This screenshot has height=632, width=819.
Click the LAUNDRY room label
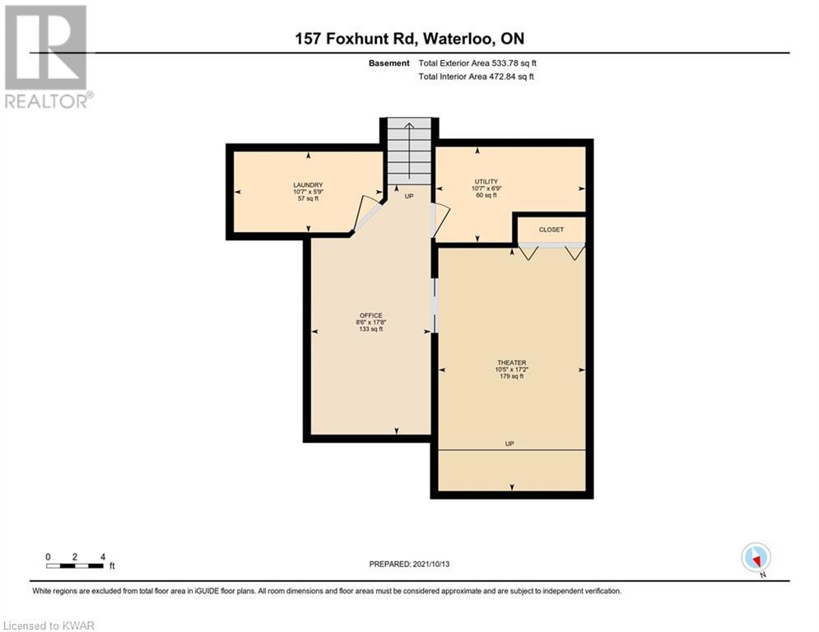coord(308,185)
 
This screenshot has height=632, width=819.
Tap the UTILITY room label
coord(486,182)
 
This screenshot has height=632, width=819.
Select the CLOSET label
coord(551,230)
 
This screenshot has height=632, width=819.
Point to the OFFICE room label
coord(371,315)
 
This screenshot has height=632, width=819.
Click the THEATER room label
coord(511,362)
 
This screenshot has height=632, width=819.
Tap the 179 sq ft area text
coord(511,376)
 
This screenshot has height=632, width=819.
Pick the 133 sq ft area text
coord(371,329)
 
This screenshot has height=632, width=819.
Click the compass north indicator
coord(756,559)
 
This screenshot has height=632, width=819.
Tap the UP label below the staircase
coord(409,197)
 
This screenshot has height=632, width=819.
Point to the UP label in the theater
coord(510,444)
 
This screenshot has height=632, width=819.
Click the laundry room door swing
coord(365,214)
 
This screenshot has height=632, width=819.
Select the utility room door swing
coord(440,220)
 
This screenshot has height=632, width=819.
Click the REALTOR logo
coord(48,57)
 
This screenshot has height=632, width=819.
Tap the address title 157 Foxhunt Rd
coord(356,39)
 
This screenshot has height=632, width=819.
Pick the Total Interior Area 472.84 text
coord(476,77)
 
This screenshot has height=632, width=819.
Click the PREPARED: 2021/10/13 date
coord(409,564)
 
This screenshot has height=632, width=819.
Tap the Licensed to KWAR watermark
coord(49,625)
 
